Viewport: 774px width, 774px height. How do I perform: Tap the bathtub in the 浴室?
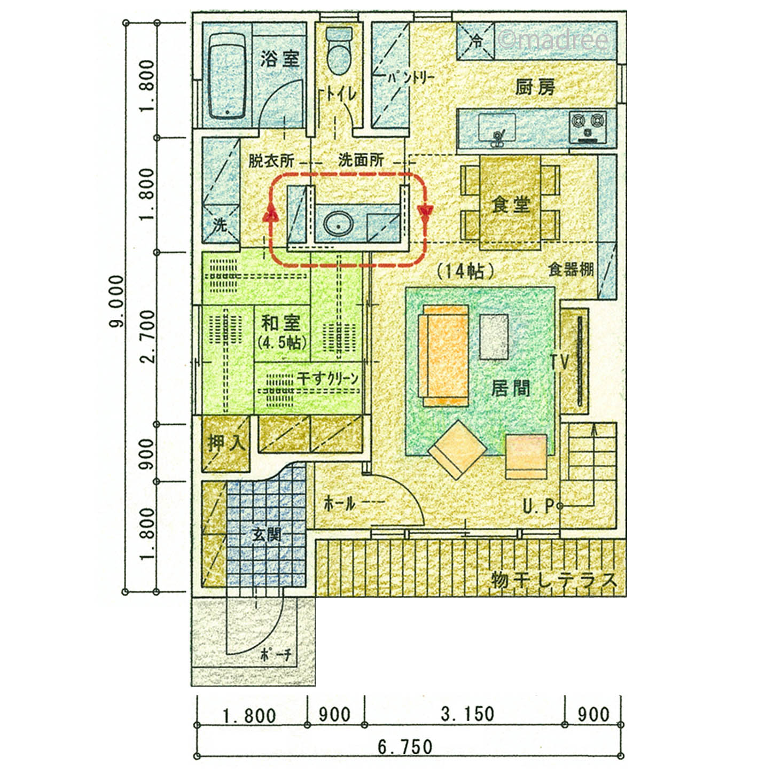tap(227, 75)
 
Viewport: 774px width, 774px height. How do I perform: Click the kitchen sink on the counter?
tap(496, 128)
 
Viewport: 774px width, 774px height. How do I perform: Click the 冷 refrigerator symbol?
tap(476, 41)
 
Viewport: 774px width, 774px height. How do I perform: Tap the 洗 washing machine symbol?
tap(220, 224)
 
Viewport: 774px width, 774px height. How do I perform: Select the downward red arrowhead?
tap(425, 212)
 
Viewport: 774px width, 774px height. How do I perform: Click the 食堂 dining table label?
tap(511, 205)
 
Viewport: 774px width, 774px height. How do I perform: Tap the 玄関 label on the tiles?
tap(267, 535)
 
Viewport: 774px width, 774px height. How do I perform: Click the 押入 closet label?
tap(225, 443)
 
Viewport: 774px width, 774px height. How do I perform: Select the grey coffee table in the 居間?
tap(494, 337)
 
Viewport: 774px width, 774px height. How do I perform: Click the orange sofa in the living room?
tap(443, 356)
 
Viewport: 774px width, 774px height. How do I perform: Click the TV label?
tap(560, 362)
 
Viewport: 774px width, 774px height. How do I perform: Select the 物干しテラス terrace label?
tap(553, 580)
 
